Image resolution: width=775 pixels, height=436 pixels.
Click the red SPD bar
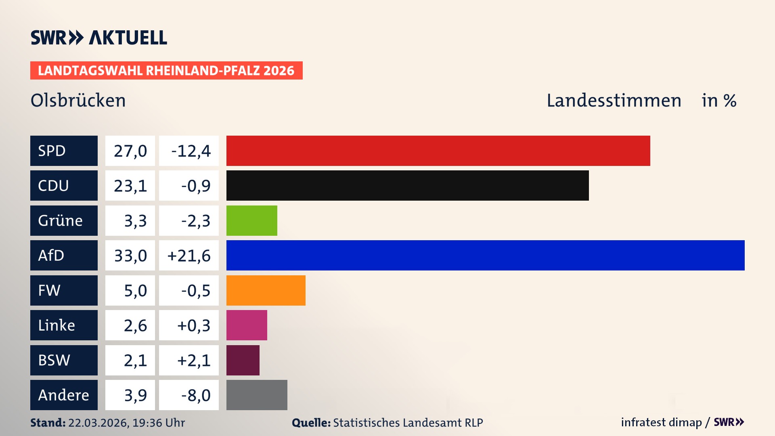pos(438,151)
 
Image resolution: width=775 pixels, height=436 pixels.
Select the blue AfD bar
pos(485,255)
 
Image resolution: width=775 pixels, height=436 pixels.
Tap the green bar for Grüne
pos(251,220)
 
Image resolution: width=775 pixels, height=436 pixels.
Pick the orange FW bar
pos(266,290)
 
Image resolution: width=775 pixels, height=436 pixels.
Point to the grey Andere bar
pos(257,395)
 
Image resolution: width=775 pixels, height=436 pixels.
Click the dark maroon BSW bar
pos(243,360)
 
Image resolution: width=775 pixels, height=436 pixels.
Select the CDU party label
pos(64,186)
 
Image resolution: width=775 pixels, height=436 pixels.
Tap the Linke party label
pos(64,325)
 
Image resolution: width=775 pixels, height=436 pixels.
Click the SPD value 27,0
pos(130,151)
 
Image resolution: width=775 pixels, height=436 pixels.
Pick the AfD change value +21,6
pos(189,256)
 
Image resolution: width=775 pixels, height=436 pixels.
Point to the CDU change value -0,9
pos(189,186)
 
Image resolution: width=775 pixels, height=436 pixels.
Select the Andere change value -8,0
pos(189,395)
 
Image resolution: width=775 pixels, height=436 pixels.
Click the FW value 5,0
pos(130,290)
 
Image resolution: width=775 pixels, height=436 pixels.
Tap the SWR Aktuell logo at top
pos(98,38)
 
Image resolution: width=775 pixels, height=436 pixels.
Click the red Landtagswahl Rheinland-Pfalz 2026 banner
pos(166,71)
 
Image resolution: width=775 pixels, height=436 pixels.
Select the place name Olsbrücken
pos(78,101)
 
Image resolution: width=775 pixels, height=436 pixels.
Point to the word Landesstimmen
pos(614,101)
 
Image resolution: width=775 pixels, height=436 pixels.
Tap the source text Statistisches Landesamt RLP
pos(408,423)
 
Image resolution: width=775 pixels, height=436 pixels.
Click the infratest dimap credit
pos(661,422)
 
